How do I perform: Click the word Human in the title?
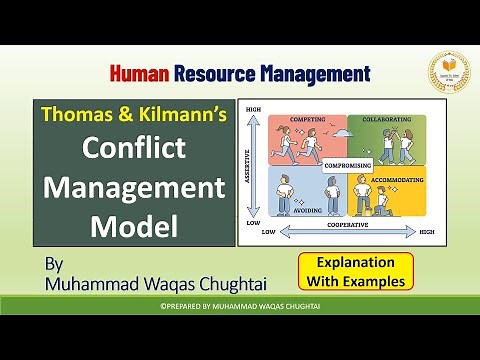click(x=139, y=73)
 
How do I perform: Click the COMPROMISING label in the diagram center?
click(x=342, y=165)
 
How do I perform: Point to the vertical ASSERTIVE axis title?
click(x=248, y=165)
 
